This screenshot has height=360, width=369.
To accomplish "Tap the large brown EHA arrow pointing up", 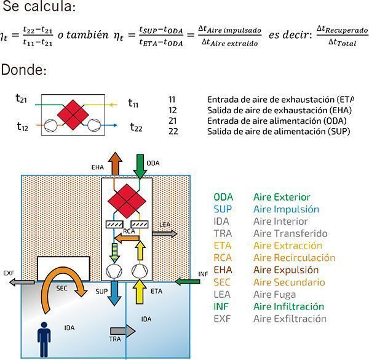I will click(x=115, y=164).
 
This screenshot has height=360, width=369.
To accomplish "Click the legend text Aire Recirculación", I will click(x=295, y=257).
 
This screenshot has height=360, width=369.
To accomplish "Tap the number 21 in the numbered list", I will click(x=172, y=120).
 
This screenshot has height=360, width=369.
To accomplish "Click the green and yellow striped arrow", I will click(x=115, y=253).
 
